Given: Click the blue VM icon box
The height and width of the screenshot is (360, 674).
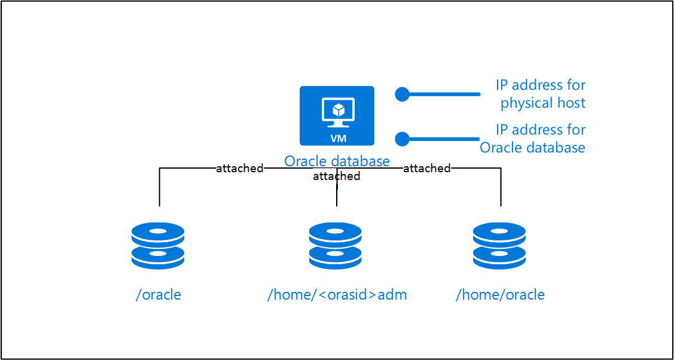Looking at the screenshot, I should click(x=337, y=115).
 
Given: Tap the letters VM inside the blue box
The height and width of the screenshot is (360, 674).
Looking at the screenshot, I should click(x=337, y=137).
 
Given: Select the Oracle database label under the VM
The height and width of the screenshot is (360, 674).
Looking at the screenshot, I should click(x=337, y=161).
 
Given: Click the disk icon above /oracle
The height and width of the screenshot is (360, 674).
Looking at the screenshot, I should click(x=158, y=246).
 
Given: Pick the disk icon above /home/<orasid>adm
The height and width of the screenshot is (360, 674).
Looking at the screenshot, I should click(x=336, y=246).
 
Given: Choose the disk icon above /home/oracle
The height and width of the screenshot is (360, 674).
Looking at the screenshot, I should click(x=499, y=246).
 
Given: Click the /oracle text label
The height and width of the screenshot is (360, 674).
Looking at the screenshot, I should click(x=158, y=295).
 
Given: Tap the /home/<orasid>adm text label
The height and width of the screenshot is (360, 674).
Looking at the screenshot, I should click(x=337, y=295).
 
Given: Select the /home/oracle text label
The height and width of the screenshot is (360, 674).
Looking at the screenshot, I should click(x=500, y=295).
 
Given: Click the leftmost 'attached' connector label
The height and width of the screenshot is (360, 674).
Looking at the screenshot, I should click(x=239, y=169).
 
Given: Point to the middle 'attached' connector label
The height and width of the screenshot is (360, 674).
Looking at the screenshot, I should click(x=336, y=176).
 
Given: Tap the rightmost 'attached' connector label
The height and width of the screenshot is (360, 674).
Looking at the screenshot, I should click(x=426, y=169).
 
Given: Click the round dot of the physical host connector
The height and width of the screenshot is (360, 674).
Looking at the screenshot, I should click(x=402, y=94).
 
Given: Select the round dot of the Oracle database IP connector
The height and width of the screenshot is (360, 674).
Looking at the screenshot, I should click(x=402, y=139).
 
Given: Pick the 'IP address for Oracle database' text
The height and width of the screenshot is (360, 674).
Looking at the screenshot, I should click(x=533, y=139).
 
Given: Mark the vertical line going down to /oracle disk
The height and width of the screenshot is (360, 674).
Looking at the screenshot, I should click(x=160, y=188).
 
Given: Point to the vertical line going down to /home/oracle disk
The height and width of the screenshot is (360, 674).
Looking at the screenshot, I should click(x=501, y=188).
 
